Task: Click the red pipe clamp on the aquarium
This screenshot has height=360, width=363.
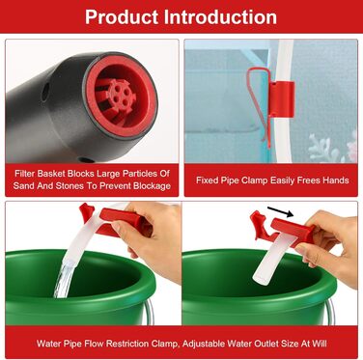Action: point(281,99)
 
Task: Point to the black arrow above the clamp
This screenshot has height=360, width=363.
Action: point(280,211)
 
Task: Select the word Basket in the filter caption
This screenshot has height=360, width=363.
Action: point(51,174)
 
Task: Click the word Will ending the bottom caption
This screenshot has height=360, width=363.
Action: point(320,344)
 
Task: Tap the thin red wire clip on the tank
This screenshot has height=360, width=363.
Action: point(259,104)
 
